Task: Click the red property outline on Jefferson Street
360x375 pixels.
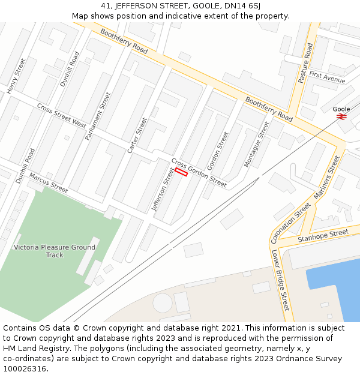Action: [181, 172]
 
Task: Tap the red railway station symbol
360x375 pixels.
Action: [341, 117]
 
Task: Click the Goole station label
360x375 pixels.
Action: [341, 109]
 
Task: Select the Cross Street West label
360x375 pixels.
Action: [61, 115]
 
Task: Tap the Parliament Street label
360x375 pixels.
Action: [98, 116]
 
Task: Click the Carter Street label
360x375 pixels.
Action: [137, 135]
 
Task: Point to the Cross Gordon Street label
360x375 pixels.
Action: [199, 173]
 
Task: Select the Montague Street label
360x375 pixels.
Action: [257, 144]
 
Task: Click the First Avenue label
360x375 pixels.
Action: [327, 77]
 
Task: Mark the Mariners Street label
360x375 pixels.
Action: [326, 178]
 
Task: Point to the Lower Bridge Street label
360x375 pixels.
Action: [280, 280]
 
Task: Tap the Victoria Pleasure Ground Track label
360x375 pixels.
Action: [55, 251]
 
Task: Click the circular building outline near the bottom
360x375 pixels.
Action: [162, 303]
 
